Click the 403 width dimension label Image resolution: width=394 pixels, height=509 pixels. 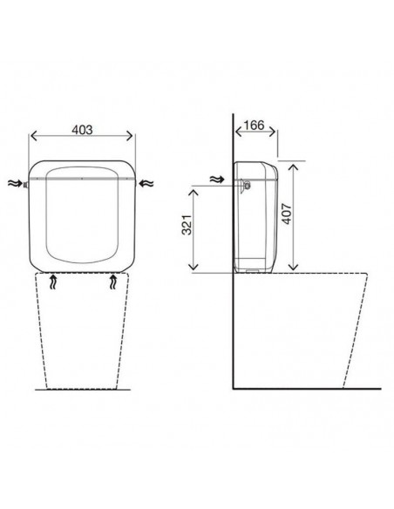click(x=82, y=130)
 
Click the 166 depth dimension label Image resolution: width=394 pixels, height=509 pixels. click(x=254, y=125)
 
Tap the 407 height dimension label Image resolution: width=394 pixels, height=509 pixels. click(x=287, y=214)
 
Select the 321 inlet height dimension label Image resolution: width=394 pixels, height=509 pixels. click(x=187, y=225)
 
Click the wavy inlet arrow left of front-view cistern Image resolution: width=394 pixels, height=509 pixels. click(x=15, y=183)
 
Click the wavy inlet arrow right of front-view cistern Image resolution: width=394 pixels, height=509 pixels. click(x=146, y=183)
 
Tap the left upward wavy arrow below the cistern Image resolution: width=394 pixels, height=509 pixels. click(x=53, y=282)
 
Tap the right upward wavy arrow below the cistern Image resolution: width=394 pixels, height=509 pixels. click(x=113, y=282)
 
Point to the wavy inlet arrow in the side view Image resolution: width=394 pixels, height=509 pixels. click(x=217, y=179)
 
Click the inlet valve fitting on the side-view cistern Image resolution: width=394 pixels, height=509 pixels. click(x=245, y=186)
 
